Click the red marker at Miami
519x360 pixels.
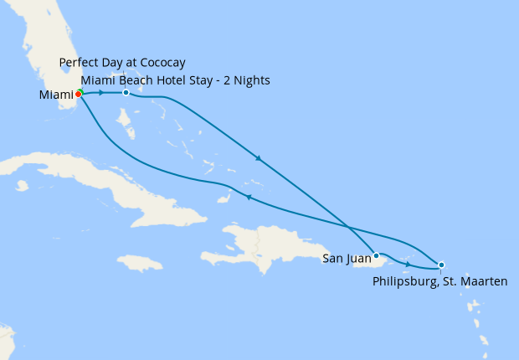point(78,95)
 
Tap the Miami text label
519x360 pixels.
point(55,95)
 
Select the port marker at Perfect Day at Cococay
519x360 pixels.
point(126,92)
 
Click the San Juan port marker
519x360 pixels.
point(376,255)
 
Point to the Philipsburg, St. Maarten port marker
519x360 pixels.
point(441,265)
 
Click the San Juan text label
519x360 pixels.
point(347,259)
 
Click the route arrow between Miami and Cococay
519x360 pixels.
point(102,92)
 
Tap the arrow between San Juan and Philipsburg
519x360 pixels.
point(408,265)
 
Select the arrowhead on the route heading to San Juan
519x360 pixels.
point(259,157)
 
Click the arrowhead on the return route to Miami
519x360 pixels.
point(248,197)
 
